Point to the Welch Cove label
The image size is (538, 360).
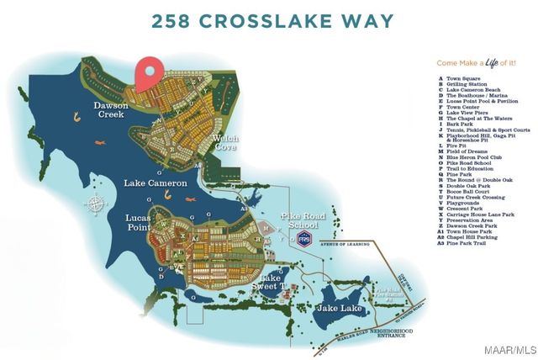tap(225, 142)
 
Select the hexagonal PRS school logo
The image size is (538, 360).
tap(303, 241)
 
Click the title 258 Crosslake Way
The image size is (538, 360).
tap(269, 21)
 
